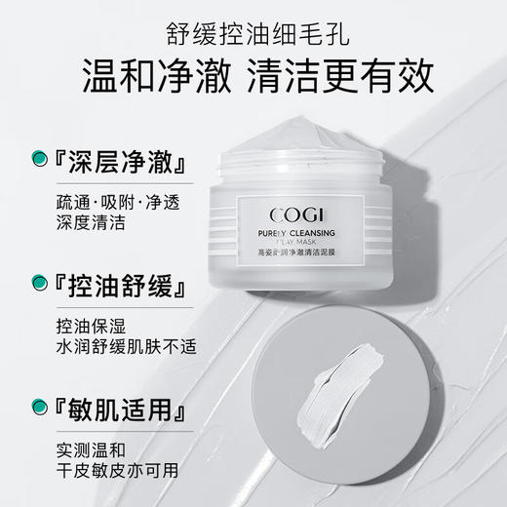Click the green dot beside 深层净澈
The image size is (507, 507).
click(x=41, y=156)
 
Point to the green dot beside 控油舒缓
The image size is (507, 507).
click(x=41, y=285)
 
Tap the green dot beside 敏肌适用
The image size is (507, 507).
click(x=41, y=405)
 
